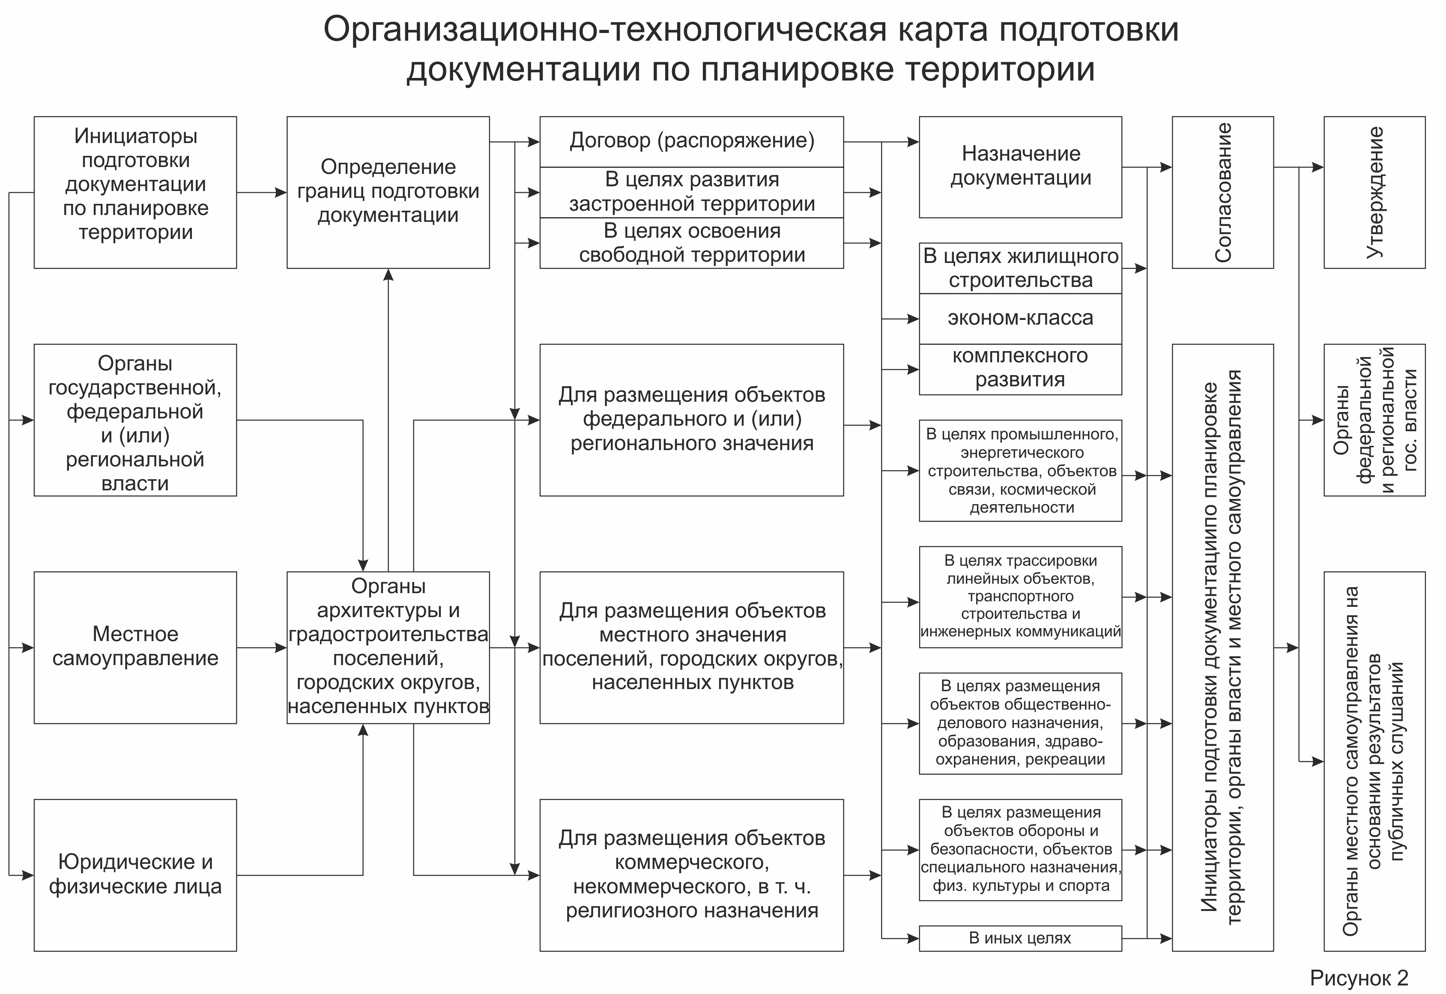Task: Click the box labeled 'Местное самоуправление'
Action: (135, 647)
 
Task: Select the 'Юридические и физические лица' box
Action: (135, 875)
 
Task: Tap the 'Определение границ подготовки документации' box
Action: (388, 192)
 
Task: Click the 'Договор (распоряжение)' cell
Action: (691, 141)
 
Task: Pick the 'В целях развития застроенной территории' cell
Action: (691, 192)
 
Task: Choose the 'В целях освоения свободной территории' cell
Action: (691, 243)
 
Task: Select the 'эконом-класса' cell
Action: (1020, 318)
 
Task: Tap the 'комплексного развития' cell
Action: (1020, 369)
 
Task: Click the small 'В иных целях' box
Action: (1020, 938)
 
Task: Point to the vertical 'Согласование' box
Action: (1222, 192)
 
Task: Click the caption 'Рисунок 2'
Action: (1359, 978)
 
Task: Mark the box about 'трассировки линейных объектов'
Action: (1020, 597)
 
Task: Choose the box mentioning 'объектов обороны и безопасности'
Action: (1020, 850)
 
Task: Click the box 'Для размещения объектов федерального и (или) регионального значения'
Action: (691, 419)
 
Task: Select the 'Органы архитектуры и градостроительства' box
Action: (388, 647)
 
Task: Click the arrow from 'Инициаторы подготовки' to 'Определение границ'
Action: (262, 192)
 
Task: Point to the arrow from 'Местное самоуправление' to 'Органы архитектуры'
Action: (262, 648)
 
